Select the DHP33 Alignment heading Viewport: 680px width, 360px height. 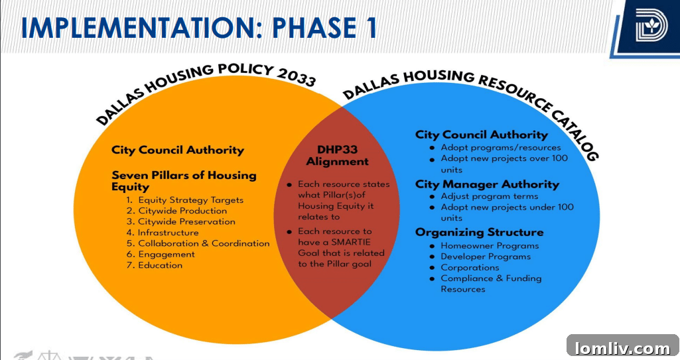pos(337,156)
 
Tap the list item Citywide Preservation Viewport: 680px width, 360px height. pos(186,221)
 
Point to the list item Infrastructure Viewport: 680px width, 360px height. pos(168,233)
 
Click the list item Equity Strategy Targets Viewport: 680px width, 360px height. pos(190,200)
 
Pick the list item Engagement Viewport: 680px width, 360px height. pos(166,254)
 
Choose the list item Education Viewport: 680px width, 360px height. pos(160,265)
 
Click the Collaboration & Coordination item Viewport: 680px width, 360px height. pos(204,243)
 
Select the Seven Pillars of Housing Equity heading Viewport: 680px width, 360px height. pos(183,181)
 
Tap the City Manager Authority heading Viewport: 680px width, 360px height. pos(487,184)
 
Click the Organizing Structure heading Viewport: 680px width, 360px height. pos(479,232)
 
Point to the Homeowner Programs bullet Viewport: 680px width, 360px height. pos(490,245)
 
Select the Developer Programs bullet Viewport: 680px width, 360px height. pos(486,257)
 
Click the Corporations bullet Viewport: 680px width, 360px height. pos(470,267)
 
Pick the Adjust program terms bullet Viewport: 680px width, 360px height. pos(489,196)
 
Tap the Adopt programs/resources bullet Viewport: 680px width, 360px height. pos(500,147)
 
